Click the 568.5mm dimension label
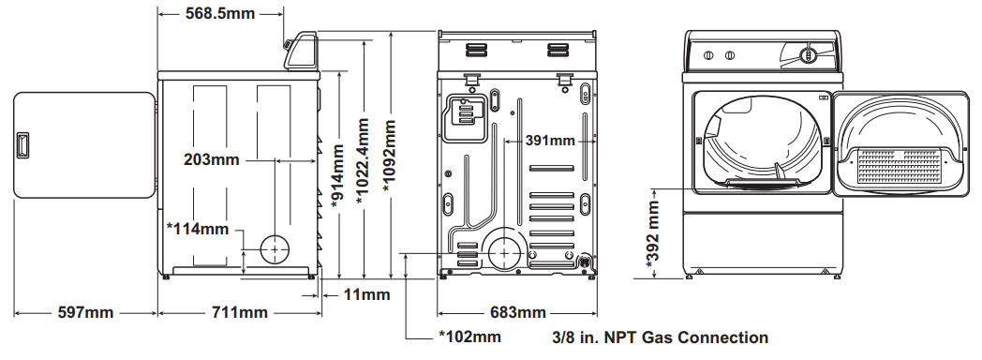tap(220, 13)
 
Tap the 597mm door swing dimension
tap(86, 312)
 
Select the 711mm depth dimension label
tap(239, 312)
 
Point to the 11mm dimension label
tap(366, 294)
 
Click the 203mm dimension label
tap(212, 159)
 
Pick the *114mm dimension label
tap(198, 229)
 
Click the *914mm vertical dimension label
tap(338, 175)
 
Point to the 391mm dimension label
tap(550, 141)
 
